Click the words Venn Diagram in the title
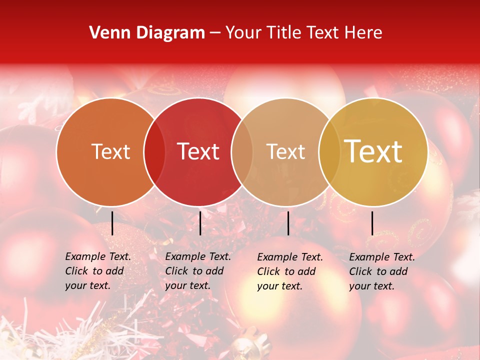tap(147, 33)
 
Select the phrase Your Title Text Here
tap(303, 33)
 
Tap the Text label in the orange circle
tap(110, 151)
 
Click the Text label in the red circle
tap(198, 151)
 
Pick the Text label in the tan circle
tap(285, 151)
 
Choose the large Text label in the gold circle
tap(373, 151)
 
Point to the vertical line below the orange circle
tap(112, 223)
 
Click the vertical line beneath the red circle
tap(200, 223)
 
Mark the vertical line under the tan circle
tap(288, 223)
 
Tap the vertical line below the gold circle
tap(372, 223)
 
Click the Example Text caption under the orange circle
tap(98, 271)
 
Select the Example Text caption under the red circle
tap(198, 271)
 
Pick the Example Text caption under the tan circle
tap(290, 271)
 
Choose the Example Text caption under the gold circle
tap(382, 271)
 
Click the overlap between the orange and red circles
tap(154, 151)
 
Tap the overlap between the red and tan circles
tap(241, 151)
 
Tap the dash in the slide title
tap(215, 33)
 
